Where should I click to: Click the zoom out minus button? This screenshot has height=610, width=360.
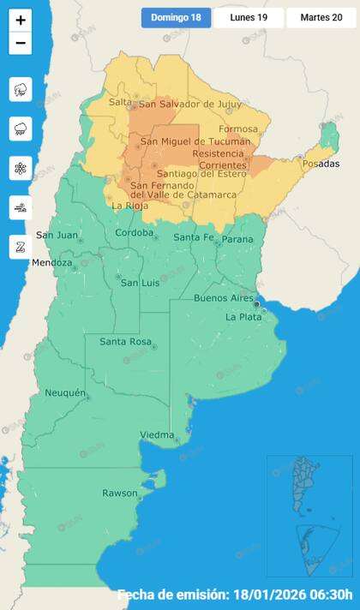pos(21,43)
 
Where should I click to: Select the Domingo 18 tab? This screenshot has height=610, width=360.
pos(176,18)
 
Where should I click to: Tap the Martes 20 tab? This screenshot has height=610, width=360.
pos(321,18)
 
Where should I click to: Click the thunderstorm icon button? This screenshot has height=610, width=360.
pos(21,89)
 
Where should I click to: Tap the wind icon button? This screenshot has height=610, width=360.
pos(21,207)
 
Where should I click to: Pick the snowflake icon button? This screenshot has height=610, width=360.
pos(21,168)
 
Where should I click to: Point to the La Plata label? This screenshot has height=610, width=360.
pos(243,317)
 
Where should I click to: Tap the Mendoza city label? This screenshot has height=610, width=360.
pos(51,262)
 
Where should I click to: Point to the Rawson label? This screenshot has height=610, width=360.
pos(119,493)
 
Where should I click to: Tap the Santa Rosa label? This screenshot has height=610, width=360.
pos(125,342)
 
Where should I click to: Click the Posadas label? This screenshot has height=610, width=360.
pos(321,164)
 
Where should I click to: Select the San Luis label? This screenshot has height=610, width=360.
pos(139,283)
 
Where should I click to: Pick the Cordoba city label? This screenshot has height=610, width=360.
pos(135,233)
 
